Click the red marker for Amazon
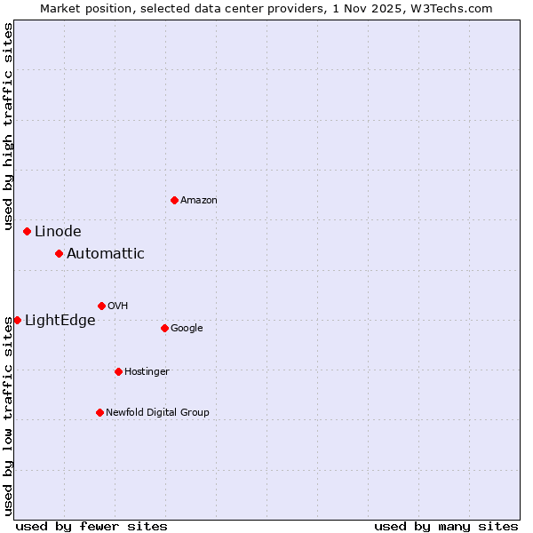tap(174, 200)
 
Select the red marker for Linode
tap(27, 231)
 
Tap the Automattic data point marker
tap(59, 253)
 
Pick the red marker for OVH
tap(101, 306)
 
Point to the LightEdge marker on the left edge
tap(17, 320)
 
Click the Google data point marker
tap(164, 328)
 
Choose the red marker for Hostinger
tap(118, 371)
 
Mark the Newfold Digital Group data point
tap(99, 412)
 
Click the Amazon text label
tap(199, 201)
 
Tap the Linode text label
tap(58, 232)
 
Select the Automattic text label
tap(106, 254)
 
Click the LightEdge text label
tap(60, 321)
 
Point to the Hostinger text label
tap(147, 371)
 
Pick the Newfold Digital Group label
tap(157, 412)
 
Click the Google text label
tap(187, 329)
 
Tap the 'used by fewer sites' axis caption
tap(91, 526)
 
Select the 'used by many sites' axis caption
tap(446, 526)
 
